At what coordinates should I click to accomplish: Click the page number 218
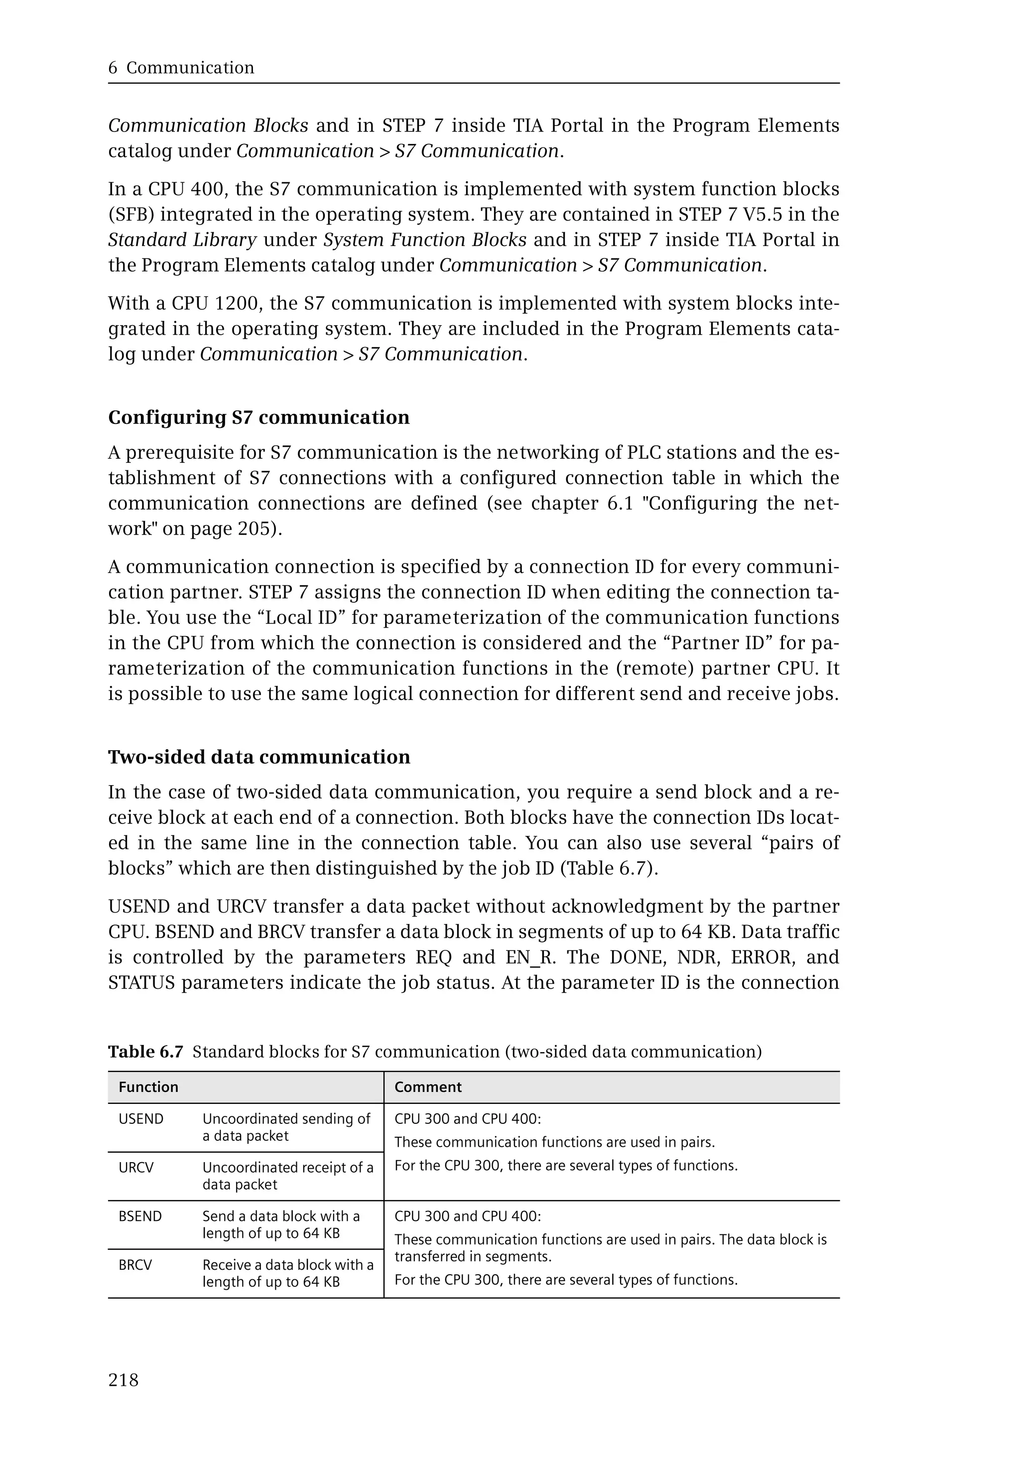point(124,1380)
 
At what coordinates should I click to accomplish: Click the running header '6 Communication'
point(181,68)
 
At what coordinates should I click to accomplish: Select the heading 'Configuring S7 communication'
point(259,417)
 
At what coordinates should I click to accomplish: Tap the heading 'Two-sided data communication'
point(259,757)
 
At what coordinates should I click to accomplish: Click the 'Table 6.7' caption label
point(146,1052)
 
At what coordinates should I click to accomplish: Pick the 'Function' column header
point(148,1087)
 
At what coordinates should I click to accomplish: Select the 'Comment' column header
point(427,1087)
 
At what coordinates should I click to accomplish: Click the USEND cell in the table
point(141,1119)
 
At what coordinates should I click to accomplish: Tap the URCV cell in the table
point(136,1168)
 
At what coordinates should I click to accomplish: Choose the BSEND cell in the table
point(140,1216)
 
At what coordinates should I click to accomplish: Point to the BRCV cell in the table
point(135,1265)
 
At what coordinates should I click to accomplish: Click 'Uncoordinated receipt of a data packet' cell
point(287,1176)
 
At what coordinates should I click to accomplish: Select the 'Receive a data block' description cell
point(287,1273)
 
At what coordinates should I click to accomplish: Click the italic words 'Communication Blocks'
point(208,126)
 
